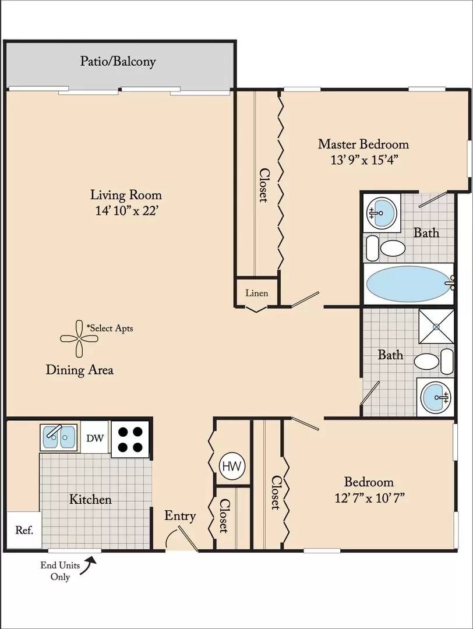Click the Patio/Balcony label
pyautogui.click(x=118, y=61)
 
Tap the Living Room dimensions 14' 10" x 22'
pyautogui.click(x=128, y=211)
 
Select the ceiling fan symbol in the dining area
pyautogui.click(x=79, y=338)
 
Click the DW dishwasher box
pyautogui.click(x=95, y=437)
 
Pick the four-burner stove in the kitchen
pyautogui.click(x=131, y=439)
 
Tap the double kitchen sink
pyautogui.click(x=59, y=437)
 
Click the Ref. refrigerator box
pyautogui.click(x=24, y=530)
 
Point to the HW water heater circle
pyautogui.click(x=231, y=466)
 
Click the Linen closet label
pyautogui.click(x=257, y=293)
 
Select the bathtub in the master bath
pyautogui.click(x=410, y=283)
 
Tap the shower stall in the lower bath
pyautogui.click(x=436, y=326)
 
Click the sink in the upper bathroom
pyautogui.click(x=382, y=213)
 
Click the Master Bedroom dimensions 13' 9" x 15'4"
pyautogui.click(x=363, y=160)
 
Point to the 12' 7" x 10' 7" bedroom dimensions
pyautogui.click(x=369, y=498)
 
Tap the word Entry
pyautogui.click(x=180, y=516)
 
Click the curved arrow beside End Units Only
pyautogui.click(x=88, y=566)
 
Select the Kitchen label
pyautogui.click(x=90, y=500)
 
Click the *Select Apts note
pyautogui.click(x=110, y=328)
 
